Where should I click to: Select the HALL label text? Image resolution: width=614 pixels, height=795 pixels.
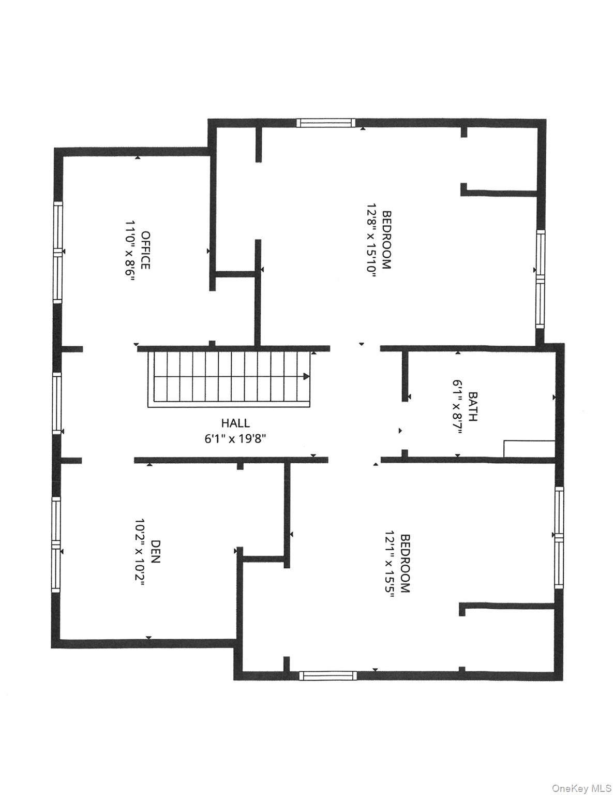click(235, 423)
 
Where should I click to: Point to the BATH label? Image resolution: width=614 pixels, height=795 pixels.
click(472, 407)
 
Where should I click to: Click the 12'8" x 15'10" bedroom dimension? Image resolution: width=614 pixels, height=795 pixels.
click(369, 240)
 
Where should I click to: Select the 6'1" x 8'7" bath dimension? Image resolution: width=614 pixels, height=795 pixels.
click(457, 407)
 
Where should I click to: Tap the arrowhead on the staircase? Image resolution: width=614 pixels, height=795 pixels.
click(307, 376)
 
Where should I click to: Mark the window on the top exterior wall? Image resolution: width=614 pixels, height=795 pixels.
click(326, 123)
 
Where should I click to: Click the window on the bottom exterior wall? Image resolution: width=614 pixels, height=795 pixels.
click(328, 675)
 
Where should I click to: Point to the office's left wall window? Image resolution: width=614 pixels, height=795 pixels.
click(58, 252)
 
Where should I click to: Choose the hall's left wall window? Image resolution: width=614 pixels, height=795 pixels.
click(57, 402)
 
